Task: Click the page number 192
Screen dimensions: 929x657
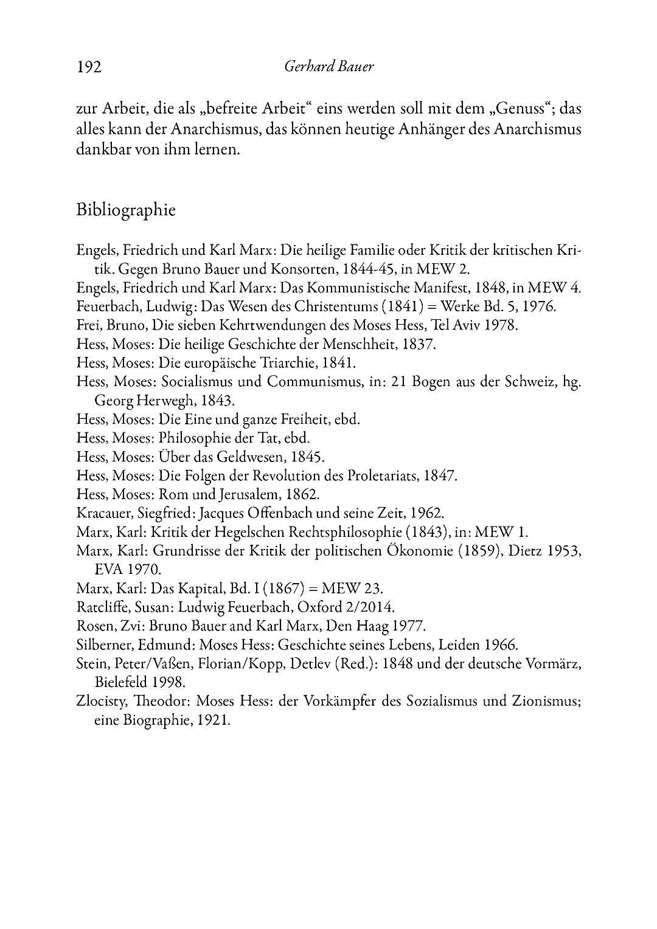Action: [89, 66]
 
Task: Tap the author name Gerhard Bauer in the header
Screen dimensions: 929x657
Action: [328, 66]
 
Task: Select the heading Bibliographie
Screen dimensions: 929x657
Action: [126, 210]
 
